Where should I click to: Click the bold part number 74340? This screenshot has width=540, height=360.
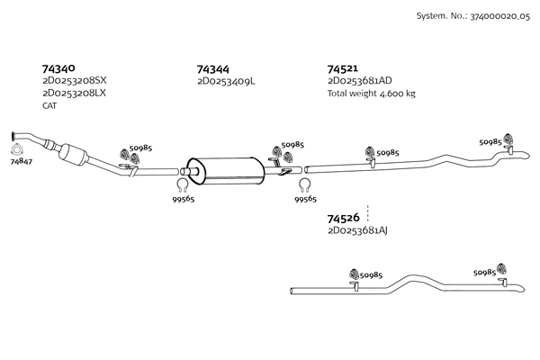(58, 68)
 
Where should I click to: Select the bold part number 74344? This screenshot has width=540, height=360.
(212, 69)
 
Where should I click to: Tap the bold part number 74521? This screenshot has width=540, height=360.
(343, 69)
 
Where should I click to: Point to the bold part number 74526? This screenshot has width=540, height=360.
(343, 218)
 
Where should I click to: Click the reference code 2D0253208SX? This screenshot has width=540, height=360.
(75, 81)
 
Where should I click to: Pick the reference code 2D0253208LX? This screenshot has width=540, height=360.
(74, 93)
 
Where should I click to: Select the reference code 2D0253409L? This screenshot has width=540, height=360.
(226, 81)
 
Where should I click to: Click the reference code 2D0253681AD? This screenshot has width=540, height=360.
(360, 81)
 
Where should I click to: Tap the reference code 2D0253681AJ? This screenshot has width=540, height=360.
(358, 230)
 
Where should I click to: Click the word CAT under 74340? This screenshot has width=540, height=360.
(49, 106)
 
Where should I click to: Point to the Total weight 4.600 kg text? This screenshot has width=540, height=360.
(372, 94)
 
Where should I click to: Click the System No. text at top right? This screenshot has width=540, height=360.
(473, 16)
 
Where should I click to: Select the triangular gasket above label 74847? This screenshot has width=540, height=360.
(16, 150)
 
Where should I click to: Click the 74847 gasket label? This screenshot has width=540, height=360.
(22, 161)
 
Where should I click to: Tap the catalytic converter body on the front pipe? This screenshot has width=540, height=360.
(74, 154)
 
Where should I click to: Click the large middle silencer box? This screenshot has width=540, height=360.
(226, 170)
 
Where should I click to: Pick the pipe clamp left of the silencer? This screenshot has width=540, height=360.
(183, 185)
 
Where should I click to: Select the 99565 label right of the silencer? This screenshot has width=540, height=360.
(305, 199)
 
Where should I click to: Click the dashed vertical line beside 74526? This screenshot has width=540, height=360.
(368, 213)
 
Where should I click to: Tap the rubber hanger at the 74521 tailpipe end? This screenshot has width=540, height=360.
(508, 139)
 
